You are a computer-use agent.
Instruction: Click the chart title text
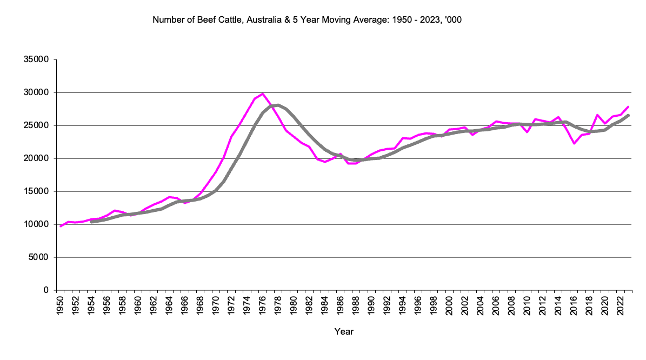coord(307,21)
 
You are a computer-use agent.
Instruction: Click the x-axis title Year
coord(344,331)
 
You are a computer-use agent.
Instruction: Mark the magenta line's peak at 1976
coord(263,94)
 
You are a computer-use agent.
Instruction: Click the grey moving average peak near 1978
coord(278,105)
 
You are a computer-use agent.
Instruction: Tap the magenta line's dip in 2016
coord(574,143)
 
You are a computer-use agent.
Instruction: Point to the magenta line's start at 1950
coord(61,226)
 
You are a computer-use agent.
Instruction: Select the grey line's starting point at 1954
coord(91,222)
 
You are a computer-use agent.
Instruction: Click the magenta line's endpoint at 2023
coord(628,106)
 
